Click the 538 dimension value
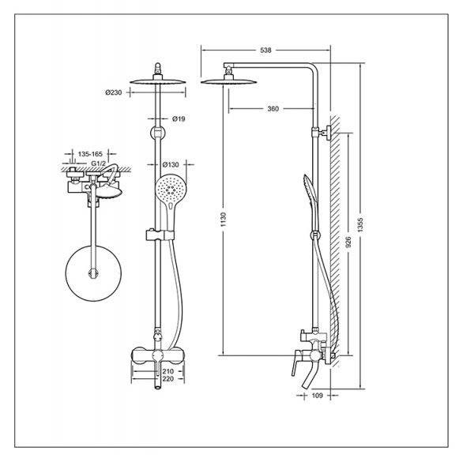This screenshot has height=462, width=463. tap(265, 51)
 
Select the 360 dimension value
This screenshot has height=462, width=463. tap(273, 109)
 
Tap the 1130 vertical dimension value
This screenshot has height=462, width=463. tap(224, 220)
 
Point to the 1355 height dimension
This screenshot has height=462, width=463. tap(360, 225)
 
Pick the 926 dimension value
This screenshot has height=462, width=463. tap(348, 242)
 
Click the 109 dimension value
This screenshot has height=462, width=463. tap(317, 396)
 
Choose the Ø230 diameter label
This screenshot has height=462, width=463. tap(114, 92)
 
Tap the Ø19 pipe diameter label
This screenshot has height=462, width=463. tap(179, 118)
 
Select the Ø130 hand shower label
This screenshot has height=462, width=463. tap(171, 164)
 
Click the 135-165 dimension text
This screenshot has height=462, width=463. tap(90, 154)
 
